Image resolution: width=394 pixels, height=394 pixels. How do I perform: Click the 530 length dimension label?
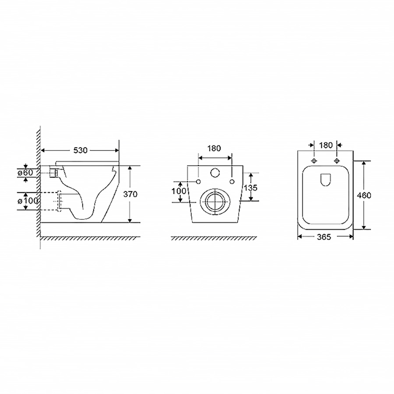click(81, 150)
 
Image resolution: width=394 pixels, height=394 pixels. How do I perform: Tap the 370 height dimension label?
click(130, 194)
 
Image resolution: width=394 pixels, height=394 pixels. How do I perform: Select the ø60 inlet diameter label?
click(25, 172)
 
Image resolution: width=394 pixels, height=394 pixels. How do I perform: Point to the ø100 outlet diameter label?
click(28, 201)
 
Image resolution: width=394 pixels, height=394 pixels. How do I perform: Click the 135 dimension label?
click(250, 187)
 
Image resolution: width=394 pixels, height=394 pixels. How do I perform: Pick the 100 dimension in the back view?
click(179, 191)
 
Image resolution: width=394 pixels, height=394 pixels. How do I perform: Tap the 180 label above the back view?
click(214, 148)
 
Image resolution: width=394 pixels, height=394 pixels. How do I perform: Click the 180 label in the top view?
click(326, 145)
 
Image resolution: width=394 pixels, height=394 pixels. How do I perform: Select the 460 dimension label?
click(364, 195)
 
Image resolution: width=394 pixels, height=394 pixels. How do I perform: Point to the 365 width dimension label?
click(324, 237)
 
